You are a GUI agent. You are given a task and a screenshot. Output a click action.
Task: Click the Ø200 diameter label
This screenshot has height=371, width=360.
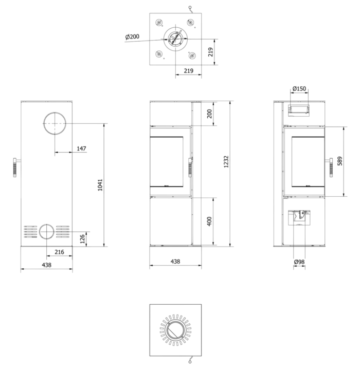(x=132, y=36)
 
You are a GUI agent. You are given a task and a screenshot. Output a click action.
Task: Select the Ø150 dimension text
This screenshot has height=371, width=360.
(x=299, y=89)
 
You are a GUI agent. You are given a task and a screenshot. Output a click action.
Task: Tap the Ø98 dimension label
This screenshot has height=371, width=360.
(x=299, y=262)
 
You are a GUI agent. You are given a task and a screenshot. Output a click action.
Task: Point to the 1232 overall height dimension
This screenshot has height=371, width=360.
(x=226, y=161)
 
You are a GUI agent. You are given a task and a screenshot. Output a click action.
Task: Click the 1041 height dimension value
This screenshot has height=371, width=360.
(x=100, y=185)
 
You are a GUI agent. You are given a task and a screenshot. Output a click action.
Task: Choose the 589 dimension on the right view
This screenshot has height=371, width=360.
(x=340, y=161)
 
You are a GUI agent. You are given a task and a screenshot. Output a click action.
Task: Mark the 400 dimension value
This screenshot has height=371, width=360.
(x=209, y=221)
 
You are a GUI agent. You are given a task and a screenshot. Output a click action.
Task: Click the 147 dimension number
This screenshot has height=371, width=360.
(x=81, y=149)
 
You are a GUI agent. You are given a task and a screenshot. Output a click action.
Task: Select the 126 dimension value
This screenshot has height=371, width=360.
(x=82, y=239)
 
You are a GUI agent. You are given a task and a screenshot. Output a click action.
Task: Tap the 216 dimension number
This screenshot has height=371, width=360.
(x=59, y=252)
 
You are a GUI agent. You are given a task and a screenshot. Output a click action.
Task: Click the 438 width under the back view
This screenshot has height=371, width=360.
(x=47, y=265)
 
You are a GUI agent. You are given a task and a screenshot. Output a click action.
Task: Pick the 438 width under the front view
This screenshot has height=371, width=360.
(x=175, y=262)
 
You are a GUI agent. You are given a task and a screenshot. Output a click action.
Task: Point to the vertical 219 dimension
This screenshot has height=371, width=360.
(x=210, y=52)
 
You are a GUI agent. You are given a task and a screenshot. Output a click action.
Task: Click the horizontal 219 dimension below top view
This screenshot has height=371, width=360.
(x=189, y=71)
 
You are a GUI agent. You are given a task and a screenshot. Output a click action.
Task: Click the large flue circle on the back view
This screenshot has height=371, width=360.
(x=55, y=113)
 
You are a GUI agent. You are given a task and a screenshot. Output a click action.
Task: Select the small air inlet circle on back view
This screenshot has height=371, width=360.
(x=46, y=225)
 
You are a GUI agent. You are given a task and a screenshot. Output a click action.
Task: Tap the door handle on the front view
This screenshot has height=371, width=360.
(x=190, y=168)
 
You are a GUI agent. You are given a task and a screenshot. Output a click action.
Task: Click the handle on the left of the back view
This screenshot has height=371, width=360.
(x=15, y=168)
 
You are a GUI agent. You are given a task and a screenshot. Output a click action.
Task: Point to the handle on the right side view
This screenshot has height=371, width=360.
(x=331, y=168)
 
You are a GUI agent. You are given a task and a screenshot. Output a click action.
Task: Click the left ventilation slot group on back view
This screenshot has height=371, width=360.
(x=30, y=232)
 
